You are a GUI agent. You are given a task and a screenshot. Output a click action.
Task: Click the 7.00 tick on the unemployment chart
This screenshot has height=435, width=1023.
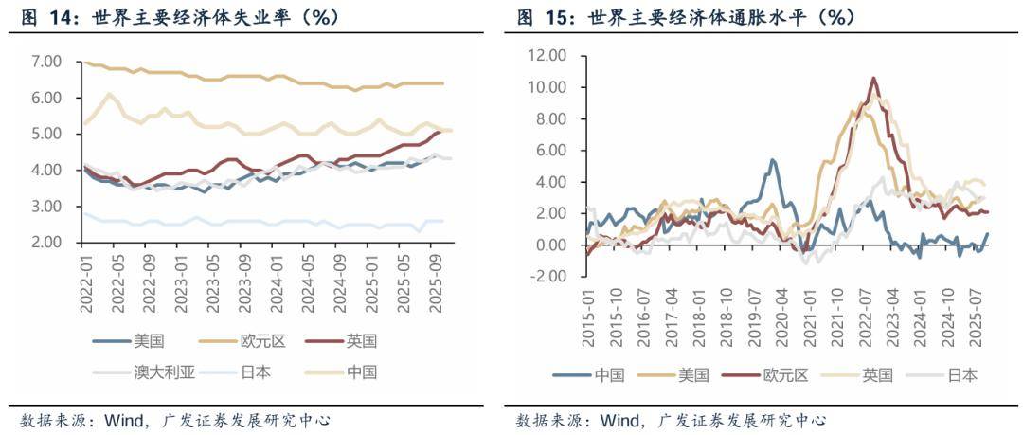46,62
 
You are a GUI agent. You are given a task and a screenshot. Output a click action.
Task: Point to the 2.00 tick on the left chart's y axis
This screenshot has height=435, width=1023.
46,243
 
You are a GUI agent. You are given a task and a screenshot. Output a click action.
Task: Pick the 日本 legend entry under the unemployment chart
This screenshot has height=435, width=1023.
257,372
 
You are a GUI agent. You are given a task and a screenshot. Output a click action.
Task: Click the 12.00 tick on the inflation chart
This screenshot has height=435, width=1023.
547,56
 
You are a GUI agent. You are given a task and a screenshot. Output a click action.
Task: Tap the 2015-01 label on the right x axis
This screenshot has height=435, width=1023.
589,312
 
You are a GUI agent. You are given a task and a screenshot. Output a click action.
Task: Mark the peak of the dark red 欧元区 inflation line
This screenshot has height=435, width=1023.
873,78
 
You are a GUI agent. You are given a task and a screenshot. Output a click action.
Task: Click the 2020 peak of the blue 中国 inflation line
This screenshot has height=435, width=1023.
773,160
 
